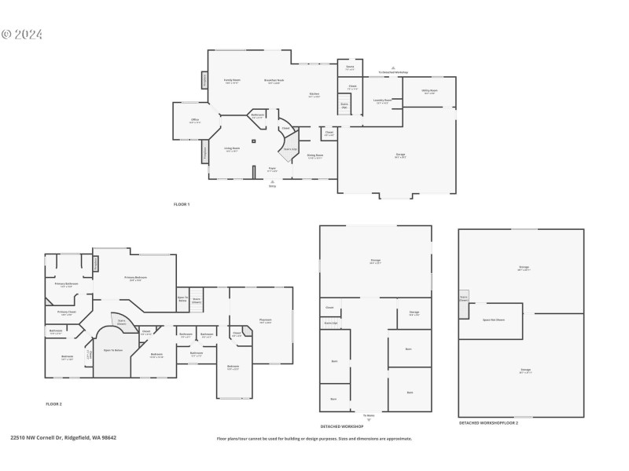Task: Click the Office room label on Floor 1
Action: tap(194, 121)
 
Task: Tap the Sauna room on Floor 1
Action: tap(350, 68)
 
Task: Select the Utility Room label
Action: tap(430, 91)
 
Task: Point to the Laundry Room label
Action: tap(383, 101)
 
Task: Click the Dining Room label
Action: tap(314, 156)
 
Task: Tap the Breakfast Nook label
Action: tap(274, 81)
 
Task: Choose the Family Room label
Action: tap(232, 80)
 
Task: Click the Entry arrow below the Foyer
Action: tap(272, 184)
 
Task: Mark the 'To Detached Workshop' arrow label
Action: tap(393, 71)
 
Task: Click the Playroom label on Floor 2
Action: tap(265, 321)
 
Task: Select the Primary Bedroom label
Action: tap(135, 278)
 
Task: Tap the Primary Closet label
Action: tap(67, 313)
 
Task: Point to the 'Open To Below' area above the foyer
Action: tap(113, 350)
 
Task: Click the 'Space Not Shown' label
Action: tap(494, 319)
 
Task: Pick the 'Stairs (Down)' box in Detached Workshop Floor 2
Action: tap(463, 298)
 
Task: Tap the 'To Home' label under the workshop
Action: tap(369, 414)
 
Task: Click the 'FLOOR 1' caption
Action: tap(182, 204)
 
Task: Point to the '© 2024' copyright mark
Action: tap(22, 35)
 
